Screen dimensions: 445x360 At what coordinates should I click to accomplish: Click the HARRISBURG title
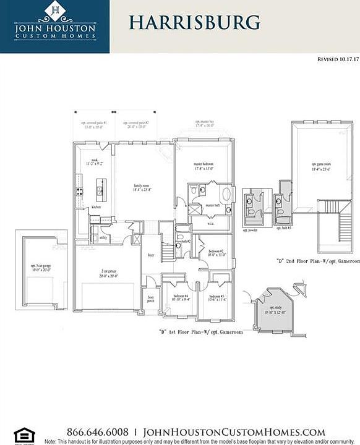point(194,22)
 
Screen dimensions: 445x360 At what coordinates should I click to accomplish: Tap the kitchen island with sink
point(101,190)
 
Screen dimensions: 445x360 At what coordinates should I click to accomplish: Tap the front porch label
point(150,299)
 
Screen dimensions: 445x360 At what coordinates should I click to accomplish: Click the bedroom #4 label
point(181,297)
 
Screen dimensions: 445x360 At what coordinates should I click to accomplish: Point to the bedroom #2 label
point(215,252)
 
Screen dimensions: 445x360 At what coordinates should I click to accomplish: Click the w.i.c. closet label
point(210,224)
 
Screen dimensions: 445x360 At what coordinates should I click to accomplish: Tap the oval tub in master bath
point(226,194)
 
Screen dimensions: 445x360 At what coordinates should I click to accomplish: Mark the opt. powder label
point(252,228)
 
